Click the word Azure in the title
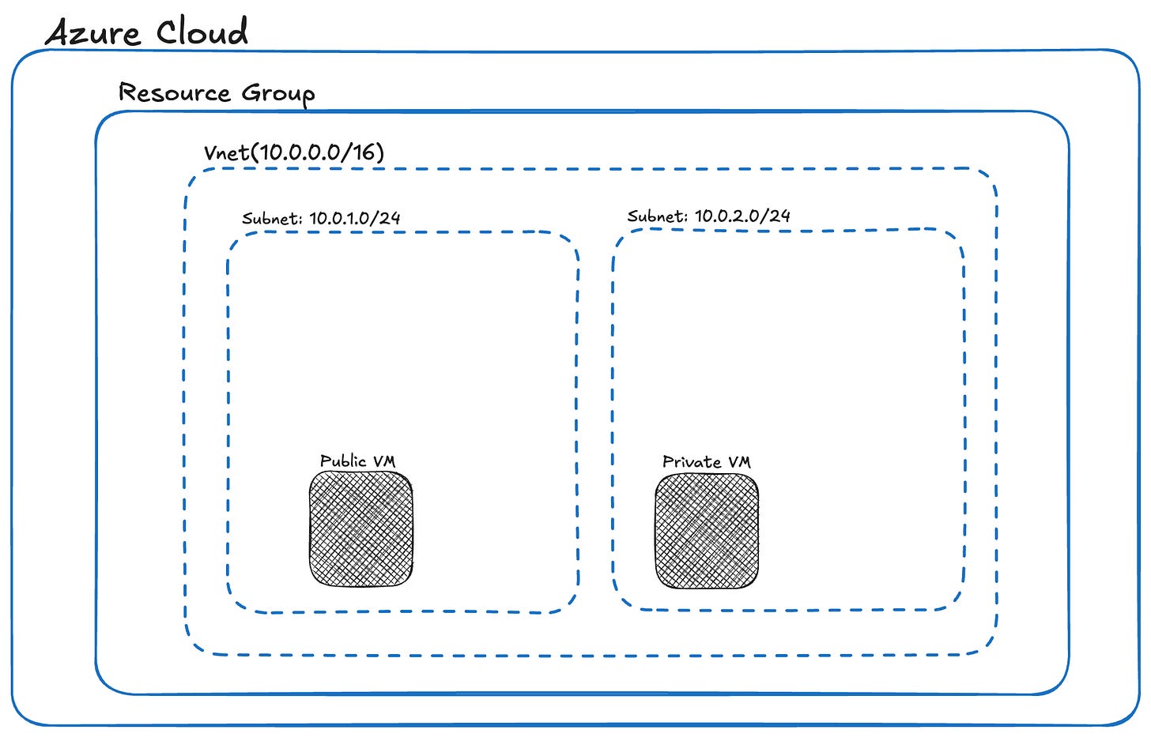click(x=92, y=33)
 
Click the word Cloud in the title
click(x=202, y=32)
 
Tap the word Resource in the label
click(x=175, y=92)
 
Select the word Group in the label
click(x=278, y=94)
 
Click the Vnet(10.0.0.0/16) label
click(x=294, y=152)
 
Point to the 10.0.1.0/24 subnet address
click(x=355, y=218)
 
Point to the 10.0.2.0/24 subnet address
click(x=742, y=215)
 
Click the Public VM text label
click(x=357, y=461)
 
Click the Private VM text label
click(x=706, y=461)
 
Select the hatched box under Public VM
click(x=361, y=528)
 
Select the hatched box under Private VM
click(x=707, y=531)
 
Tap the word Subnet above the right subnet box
click(x=657, y=216)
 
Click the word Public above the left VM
click(x=343, y=461)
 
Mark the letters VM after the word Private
click(x=738, y=461)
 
